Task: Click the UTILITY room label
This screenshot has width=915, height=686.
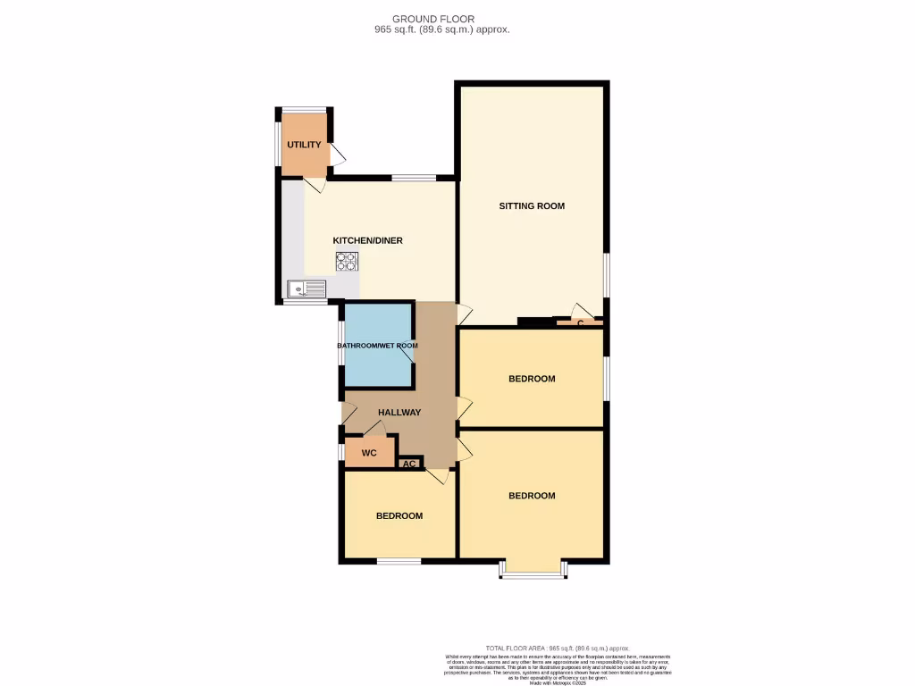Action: [x=304, y=145]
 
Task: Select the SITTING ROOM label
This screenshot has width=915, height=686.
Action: [x=532, y=206]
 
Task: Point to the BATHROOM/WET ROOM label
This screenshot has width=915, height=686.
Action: [x=377, y=346]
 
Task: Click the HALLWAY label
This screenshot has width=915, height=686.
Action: [x=399, y=412]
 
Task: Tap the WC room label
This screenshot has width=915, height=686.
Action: [x=369, y=454]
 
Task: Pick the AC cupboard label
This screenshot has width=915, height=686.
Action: [x=409, y=464]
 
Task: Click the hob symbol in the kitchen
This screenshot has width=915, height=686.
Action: [x=347, y=261]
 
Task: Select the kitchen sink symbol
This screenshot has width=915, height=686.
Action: [x=306, y=289]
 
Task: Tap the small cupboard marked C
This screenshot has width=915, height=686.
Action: [x=580, y=322]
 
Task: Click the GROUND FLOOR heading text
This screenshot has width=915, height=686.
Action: [x=433, y=19]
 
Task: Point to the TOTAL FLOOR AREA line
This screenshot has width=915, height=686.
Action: [x=558, y=648]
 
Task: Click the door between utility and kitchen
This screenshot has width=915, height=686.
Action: [x=314, y=183]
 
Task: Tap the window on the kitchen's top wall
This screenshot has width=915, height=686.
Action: [x=414, y=178]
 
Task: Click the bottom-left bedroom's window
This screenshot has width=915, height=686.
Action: [x=399, y=561]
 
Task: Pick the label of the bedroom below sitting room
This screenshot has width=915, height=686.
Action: [x=532, y=379]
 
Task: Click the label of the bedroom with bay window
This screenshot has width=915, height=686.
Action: [x=532, y=496]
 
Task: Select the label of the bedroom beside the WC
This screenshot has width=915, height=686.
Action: [x=399, y=515]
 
